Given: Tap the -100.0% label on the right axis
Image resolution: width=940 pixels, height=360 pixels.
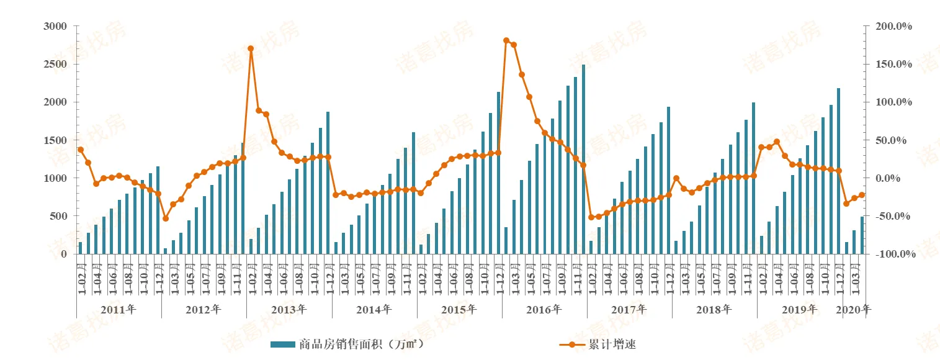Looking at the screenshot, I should click(894, 254).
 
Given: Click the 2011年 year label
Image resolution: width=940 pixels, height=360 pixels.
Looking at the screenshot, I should click(118, 308).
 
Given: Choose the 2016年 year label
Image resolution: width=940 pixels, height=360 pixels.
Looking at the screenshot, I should click(544, 308).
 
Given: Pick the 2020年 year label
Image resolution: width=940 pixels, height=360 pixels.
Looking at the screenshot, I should click(854, 308).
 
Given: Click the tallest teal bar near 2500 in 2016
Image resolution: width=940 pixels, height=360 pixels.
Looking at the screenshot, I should click(583, 159).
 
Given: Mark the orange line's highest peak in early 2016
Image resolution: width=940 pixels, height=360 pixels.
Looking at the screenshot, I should click(506, 40).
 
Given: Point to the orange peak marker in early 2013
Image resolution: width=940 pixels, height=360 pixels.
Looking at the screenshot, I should click(251, 48).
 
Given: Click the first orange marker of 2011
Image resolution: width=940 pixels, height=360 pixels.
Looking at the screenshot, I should click(81, 150).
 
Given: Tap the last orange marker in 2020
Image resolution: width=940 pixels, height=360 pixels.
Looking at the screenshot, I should click(862, 195).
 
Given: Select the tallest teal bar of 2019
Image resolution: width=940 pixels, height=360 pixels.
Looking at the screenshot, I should click(839, 171).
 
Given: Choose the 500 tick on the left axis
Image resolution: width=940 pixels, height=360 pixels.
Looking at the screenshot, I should click(58, 216).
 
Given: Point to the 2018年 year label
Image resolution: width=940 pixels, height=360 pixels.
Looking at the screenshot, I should click(714, 308).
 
